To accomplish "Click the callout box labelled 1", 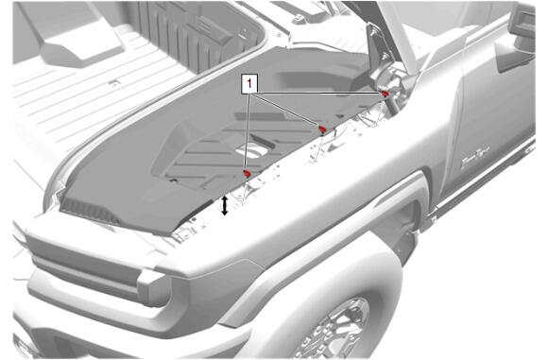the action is [249, 84].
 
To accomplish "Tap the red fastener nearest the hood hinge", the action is [385, 94].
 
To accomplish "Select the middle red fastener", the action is [322, 130].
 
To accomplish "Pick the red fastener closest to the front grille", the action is [248, 173].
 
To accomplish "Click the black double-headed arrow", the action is [225, 206].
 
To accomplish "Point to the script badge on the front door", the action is [475, 160].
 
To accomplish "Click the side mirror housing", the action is [522, 20].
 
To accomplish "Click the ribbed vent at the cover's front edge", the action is [89, 211].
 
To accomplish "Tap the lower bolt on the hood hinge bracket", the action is [385, 57].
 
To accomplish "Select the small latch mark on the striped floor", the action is [114, 83].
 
